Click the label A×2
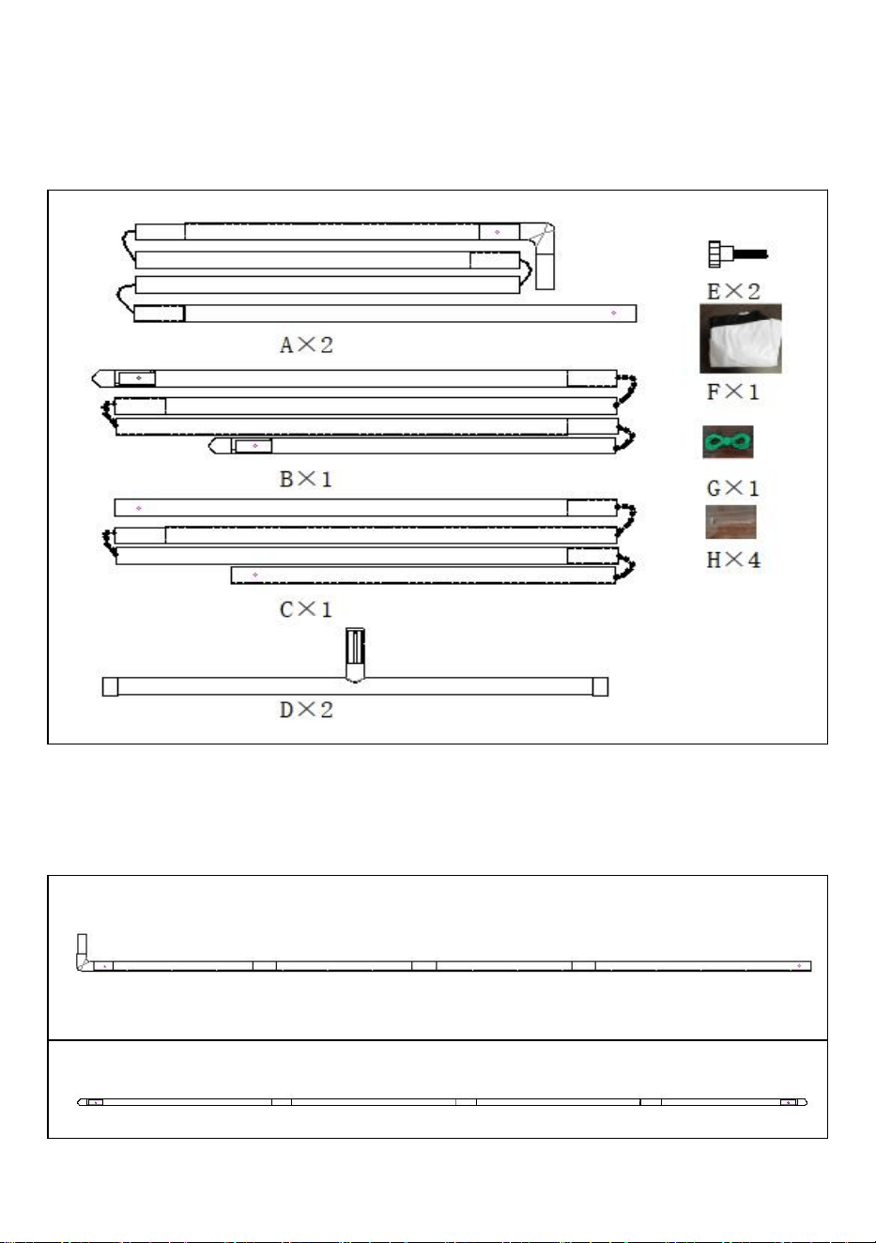click(306, 345)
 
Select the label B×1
click(306, 479)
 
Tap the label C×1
click(306, 610)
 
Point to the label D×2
click(306, 710)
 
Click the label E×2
click(732, 291)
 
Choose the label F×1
click(732, 392)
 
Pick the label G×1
click(732, 488)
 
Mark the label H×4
click(732, 560)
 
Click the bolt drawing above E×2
click(738, 254)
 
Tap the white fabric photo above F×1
click(741, 339)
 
